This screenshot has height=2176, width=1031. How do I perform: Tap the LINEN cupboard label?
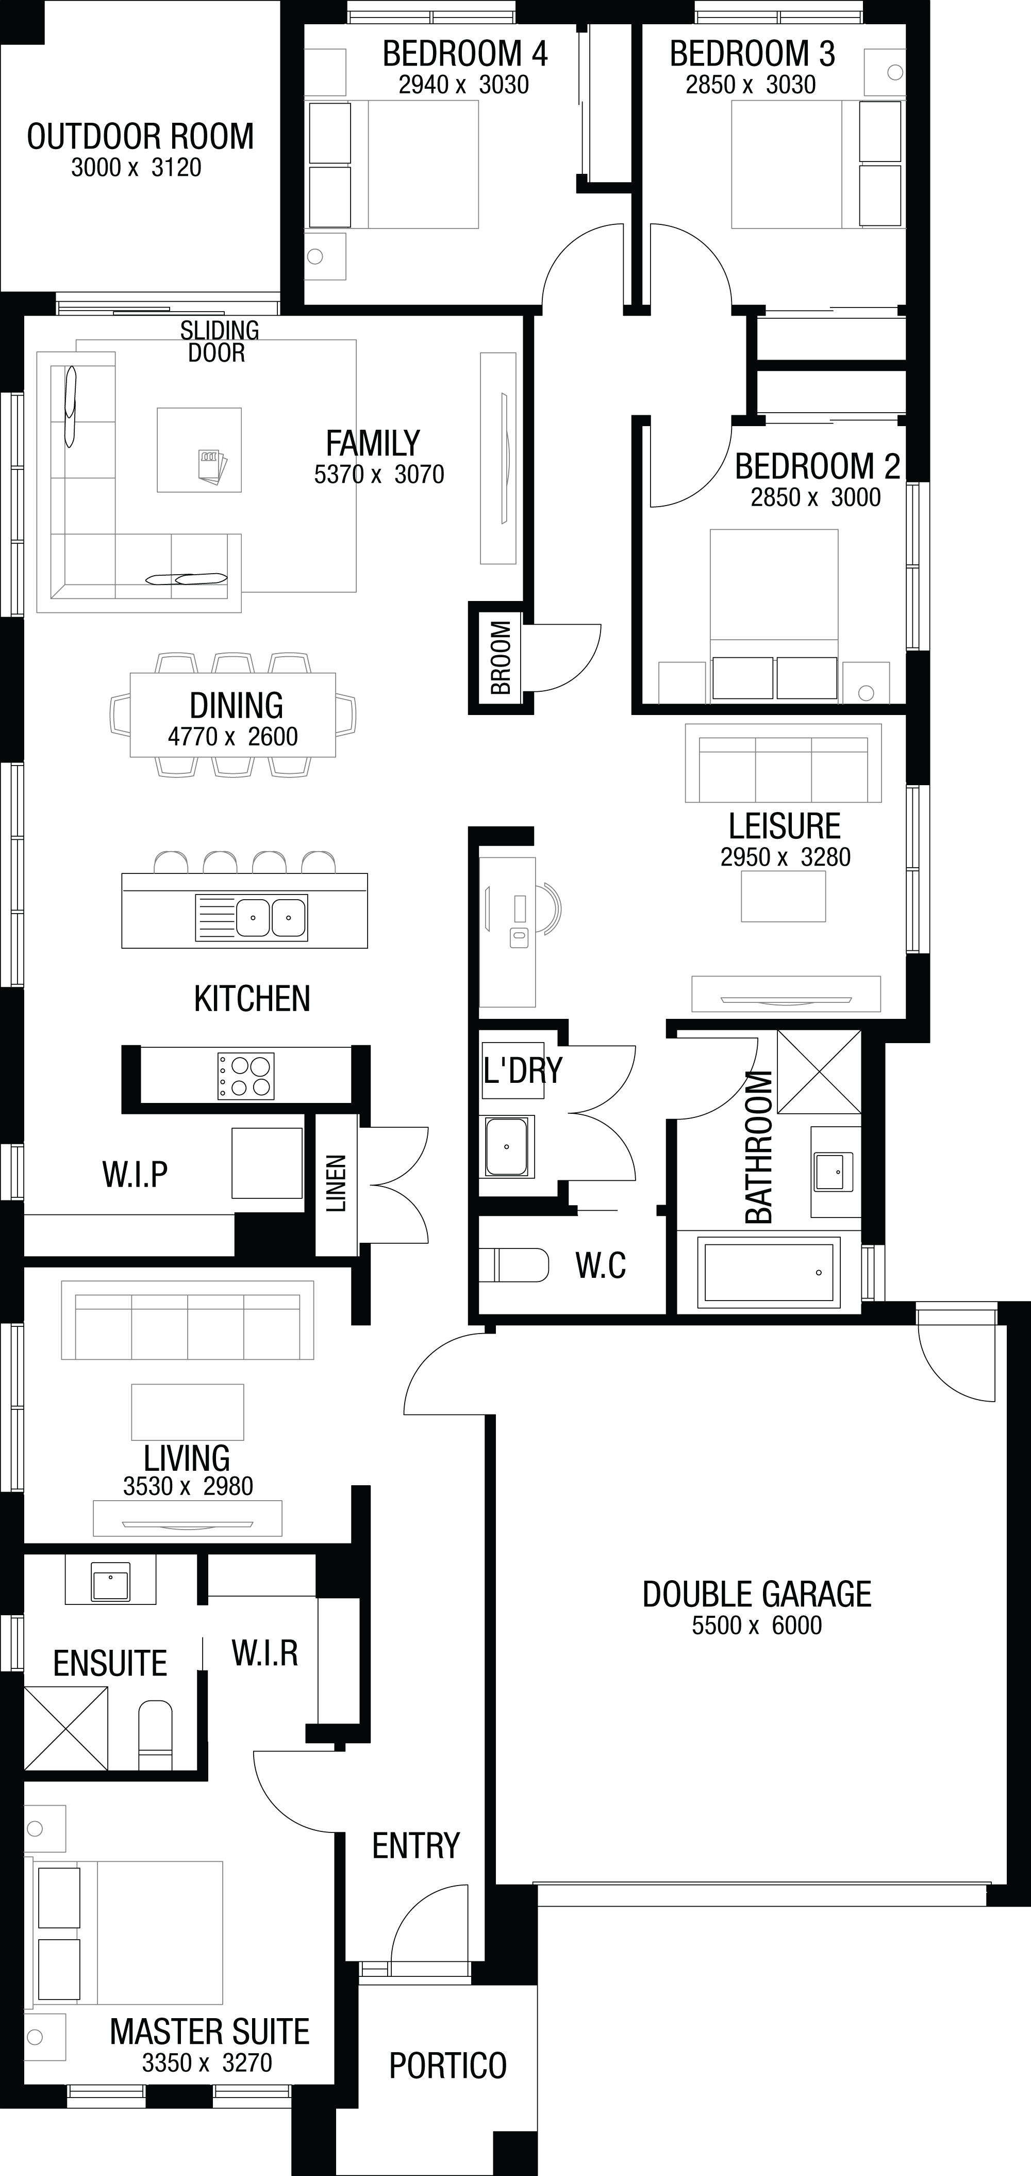[336, 1183]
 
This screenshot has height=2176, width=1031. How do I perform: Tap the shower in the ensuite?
[66, 1728]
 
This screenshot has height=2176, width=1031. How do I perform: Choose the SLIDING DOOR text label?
[219, 342]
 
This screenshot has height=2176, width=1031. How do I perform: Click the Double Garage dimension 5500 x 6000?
[757, 1625]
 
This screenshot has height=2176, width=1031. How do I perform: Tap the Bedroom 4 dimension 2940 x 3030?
[463, 85]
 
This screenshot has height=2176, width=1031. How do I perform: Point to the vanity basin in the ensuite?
[111, 1581]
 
